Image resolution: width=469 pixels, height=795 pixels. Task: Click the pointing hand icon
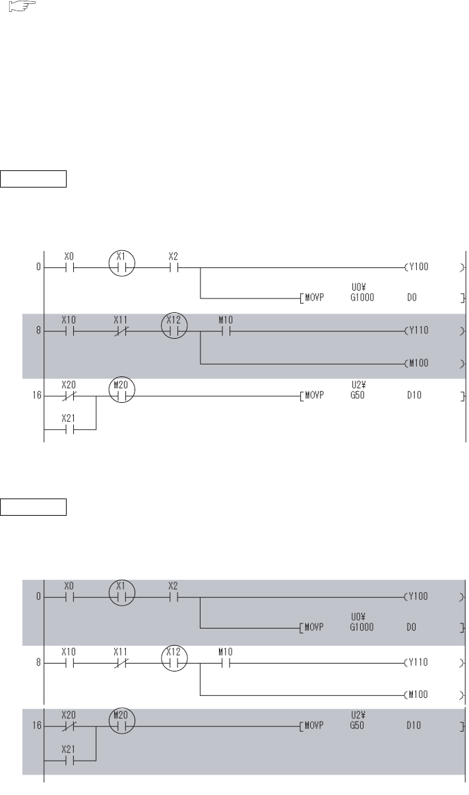[x=22, y=6]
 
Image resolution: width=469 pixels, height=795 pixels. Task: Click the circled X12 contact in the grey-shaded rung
[x=174, y=326]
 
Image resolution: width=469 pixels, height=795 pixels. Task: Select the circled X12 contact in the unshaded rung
[x=174, y=658]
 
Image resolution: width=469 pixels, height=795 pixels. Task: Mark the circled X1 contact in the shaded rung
[x=121, y=593]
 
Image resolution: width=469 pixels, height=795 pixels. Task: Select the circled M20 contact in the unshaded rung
[x=121, y=390]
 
